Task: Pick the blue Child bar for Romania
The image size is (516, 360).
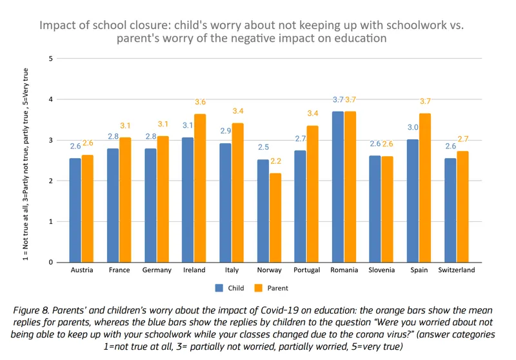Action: (x=337, y=186)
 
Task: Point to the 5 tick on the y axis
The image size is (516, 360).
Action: (x=50, y=59)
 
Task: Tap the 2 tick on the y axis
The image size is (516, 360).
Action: (x=50, y=181)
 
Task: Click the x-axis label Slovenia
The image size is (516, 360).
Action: (x=381, y=270)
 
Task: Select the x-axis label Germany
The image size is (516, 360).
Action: (x=157, y=270)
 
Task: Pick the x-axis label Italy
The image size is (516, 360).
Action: (x=232, y=270)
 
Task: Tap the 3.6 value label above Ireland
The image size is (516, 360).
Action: (x=201, y=102)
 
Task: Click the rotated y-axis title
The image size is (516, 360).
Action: (x=25, y=161)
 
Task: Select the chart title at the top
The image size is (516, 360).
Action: (x=252, y=32)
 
